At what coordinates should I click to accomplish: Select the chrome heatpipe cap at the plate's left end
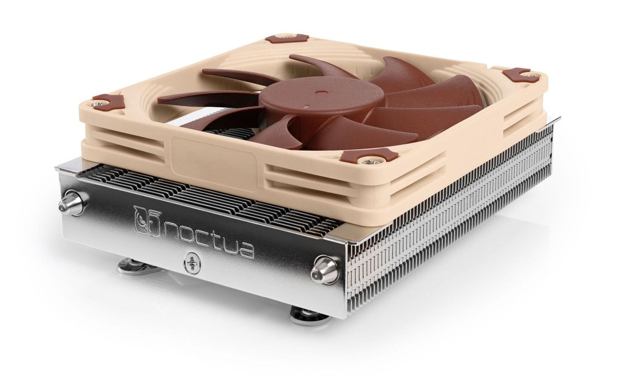coord(72,203)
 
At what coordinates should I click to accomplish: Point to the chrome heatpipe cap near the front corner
coord(326,269)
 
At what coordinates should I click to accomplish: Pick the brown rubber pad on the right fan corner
coord(521,75)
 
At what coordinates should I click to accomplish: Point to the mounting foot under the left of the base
coord(135,265)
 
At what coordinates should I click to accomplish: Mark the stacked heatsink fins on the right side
coord(461,212)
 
